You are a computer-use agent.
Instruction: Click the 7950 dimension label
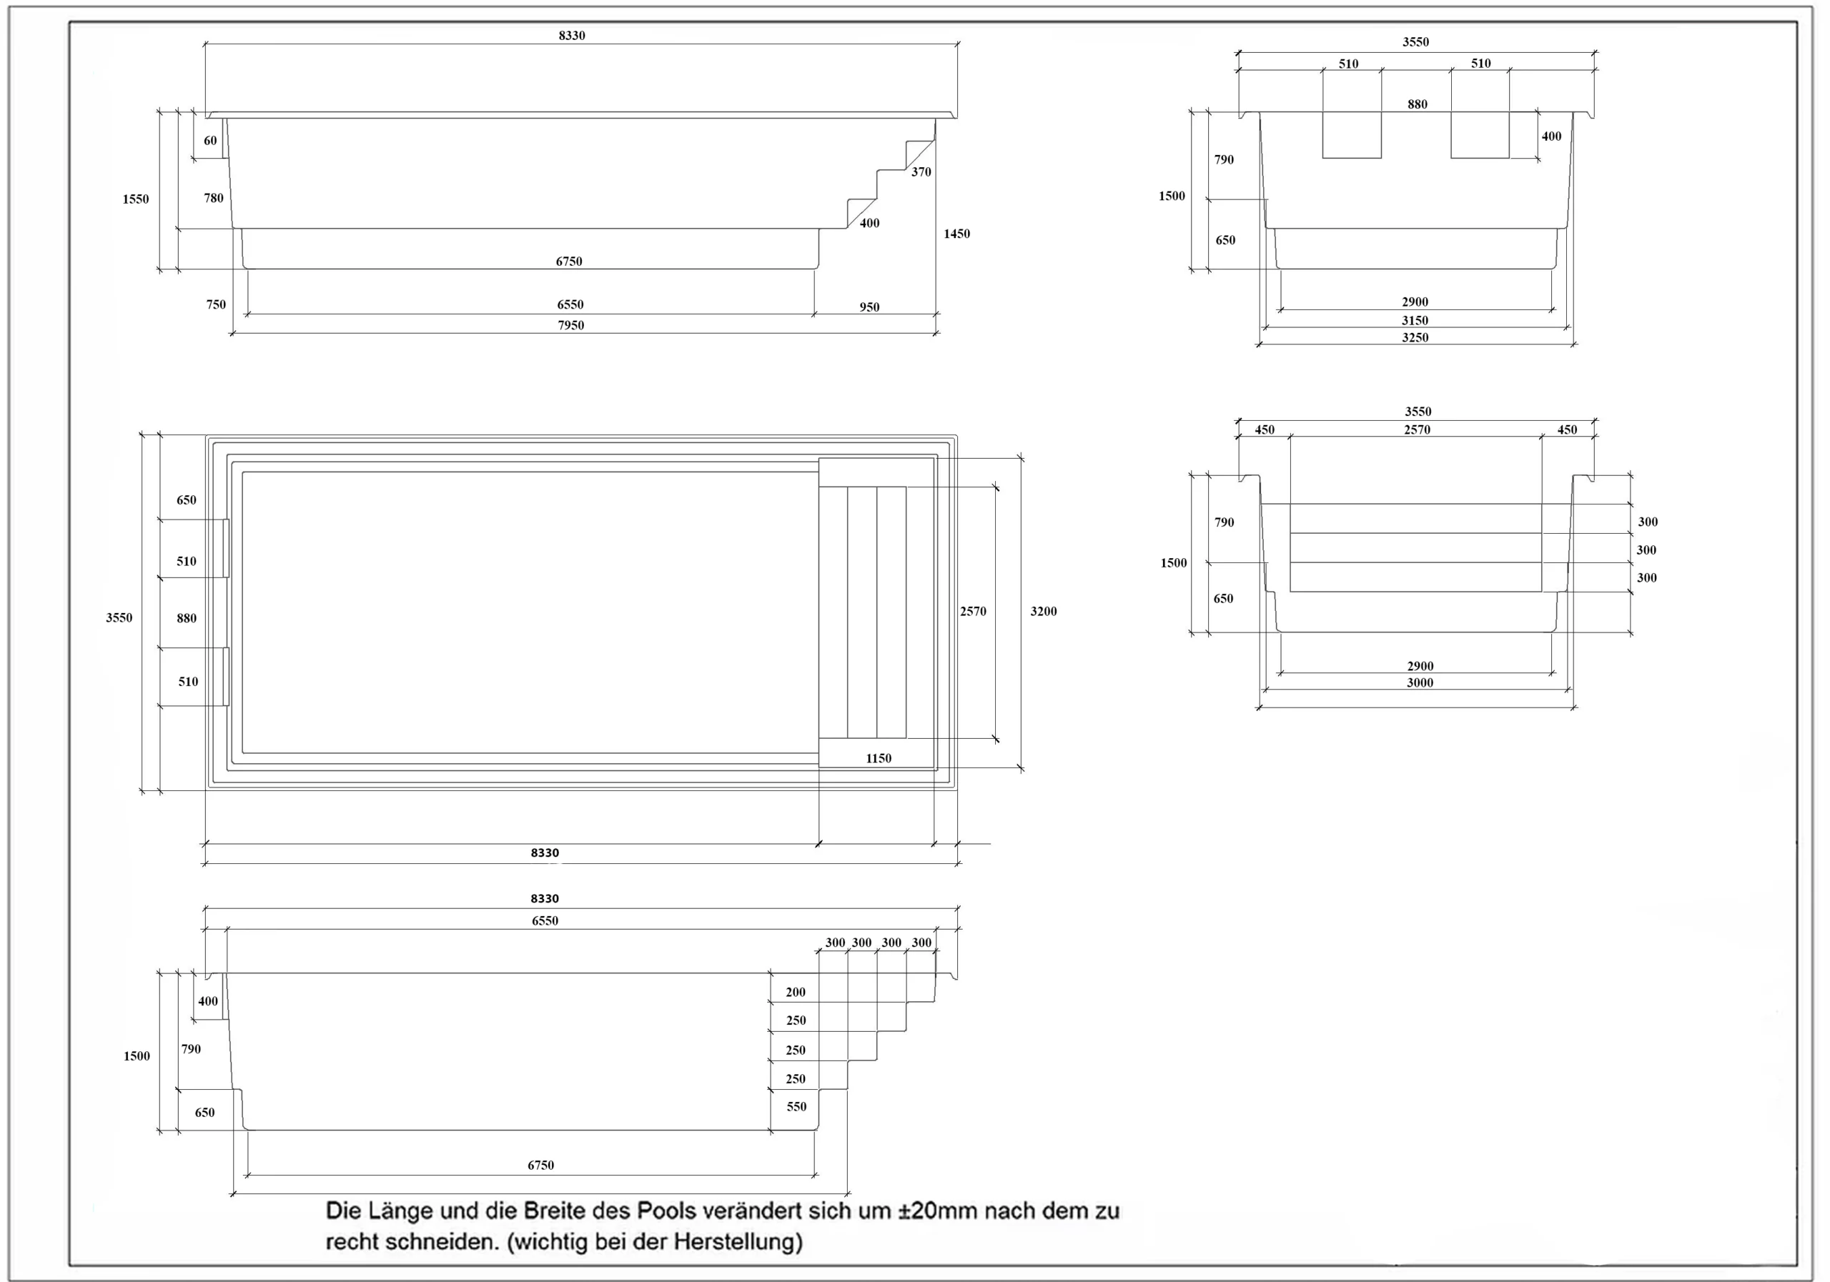pos(570,325)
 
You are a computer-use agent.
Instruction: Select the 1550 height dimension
pos(136,199)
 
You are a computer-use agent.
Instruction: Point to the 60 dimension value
pos(210,140)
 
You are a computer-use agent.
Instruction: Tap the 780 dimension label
pos(214,198)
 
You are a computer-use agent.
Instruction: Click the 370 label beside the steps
pos(921,172)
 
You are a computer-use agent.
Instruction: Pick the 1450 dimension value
pos(956,234)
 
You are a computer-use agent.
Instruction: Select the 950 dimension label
pos(869,307)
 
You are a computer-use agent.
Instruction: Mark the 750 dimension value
pos(216,304)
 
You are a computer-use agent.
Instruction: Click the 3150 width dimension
pos(1415,320)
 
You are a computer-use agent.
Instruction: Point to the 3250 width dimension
pos(1415,337)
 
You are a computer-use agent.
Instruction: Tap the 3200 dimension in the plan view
pos(1044,611)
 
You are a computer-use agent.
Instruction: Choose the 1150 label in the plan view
pos(879,758)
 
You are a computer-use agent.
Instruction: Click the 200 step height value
pos(796,992)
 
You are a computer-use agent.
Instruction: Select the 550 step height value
pos(796,1107)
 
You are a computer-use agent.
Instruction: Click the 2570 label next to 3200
pos(973,611)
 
